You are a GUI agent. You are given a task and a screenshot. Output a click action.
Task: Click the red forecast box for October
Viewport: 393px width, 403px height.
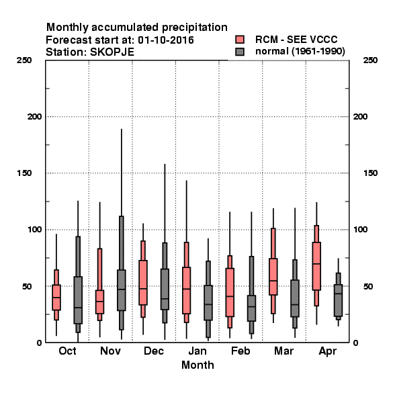point(56,298)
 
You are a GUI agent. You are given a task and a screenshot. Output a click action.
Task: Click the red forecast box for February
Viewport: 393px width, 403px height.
point(230,292)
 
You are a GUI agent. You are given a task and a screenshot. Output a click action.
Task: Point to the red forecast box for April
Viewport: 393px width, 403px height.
point(316,266)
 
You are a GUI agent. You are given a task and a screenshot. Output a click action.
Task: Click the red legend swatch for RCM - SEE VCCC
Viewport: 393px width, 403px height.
point(240,40)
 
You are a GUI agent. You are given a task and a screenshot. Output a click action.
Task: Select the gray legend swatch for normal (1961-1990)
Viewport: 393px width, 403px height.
point(240,52)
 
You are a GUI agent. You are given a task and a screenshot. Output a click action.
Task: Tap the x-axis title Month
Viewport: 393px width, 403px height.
point(198,365)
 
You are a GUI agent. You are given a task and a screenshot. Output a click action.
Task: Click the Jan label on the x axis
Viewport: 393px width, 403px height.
point(198,351)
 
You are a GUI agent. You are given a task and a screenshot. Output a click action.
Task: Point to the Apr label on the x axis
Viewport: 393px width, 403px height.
point(327,351)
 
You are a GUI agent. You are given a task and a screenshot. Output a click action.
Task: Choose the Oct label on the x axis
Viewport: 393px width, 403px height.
point(67,351)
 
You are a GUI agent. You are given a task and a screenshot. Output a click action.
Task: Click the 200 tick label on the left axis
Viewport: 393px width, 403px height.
point(34,117)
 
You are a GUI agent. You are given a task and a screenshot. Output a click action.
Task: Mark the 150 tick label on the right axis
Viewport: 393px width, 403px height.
point(370,173)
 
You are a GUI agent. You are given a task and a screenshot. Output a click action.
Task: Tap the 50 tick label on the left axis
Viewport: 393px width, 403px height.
point(27,286)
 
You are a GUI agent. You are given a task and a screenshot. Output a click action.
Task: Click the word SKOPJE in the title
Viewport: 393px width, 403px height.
point(112,52)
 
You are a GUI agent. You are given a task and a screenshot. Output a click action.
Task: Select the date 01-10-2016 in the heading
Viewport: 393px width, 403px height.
point(166,40)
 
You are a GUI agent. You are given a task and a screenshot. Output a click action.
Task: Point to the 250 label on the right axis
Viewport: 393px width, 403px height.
point(370,60)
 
